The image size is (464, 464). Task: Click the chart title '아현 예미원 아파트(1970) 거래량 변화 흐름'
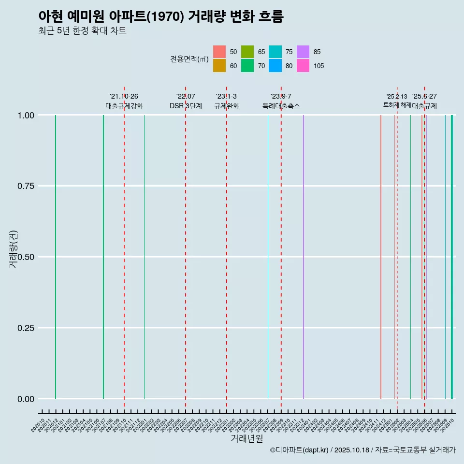(160, 16)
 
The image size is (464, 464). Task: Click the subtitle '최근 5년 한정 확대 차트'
(82, 31)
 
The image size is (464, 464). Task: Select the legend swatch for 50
(219, 52)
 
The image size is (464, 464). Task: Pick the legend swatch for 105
(303, 66)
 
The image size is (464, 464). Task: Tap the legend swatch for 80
(275, 66)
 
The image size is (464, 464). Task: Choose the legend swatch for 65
(247, 52)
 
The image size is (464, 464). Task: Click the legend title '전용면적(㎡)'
(189, 59)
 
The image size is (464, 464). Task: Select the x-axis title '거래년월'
(246, 438)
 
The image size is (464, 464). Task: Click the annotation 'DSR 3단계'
(186, 106)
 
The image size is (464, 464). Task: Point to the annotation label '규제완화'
(226, 106)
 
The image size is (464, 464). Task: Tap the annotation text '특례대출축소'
(281, 106)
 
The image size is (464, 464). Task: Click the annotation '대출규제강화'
(124, 106)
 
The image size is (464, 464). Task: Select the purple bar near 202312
(304, 256)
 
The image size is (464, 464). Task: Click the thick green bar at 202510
(452, 256)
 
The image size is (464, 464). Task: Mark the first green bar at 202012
(56, 256)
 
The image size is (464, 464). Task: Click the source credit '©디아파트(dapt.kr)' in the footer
(299, 450)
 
